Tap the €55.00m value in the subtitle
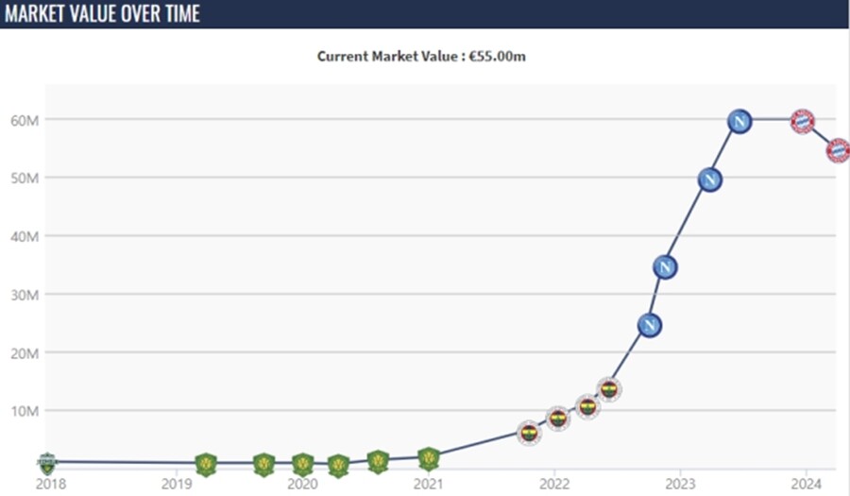(497, 57)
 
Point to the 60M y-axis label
(25, 120)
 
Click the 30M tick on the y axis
(25, 295)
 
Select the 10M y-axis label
(25, 411)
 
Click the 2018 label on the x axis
(51, 484)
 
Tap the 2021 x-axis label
(429, 484)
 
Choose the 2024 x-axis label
(807, 484)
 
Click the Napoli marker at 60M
(739, 122)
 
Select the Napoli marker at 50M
(709, 180)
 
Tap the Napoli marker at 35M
(665, 267)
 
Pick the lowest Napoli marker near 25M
(650, 326)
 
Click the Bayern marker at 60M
(802, 122)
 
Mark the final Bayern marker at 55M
(838, 150)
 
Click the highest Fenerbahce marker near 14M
(609, 390)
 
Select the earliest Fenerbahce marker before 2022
(529, 433)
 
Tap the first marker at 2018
(47, 463)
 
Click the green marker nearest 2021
(429, 458)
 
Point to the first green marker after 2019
(206, 465)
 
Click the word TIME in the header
(181, 13)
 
